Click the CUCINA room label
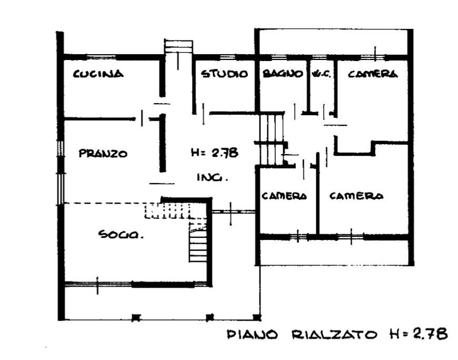point(99,74)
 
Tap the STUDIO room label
point(225,74)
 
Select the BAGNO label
point(283,74)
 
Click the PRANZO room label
point(103,154)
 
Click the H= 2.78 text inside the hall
point(215,153)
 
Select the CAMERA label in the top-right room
point(372,74)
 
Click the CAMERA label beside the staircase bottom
point(284,196)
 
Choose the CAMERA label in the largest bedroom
point(356,196)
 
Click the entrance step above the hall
point(178,45)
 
